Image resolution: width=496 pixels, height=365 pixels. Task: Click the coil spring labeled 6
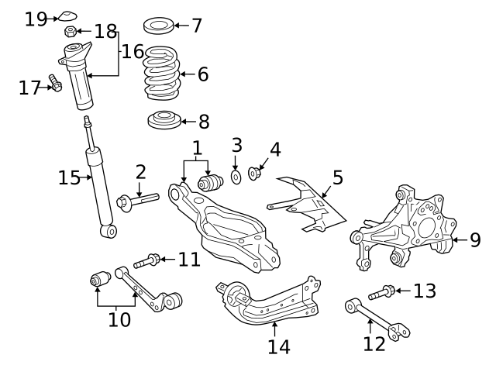[162, 74]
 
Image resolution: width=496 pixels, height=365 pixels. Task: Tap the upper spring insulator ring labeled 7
[158, 26]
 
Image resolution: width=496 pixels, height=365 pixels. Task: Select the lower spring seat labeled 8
[164, 120]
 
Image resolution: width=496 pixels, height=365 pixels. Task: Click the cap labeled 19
[68, 15]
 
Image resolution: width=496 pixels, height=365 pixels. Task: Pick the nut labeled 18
[71, 31]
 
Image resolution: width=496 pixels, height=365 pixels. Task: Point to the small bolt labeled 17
[55, 83]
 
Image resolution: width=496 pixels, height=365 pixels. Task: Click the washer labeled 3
[236, 177]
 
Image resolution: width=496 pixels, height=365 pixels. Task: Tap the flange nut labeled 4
[253, 174]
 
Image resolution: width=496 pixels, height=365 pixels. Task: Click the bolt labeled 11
[146, 261]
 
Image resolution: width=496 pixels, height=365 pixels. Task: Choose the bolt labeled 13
[381, 293]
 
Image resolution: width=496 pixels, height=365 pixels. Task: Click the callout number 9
[475, 240]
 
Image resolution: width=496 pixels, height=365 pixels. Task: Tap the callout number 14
[279, 346]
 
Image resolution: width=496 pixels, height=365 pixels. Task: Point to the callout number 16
[133, 52]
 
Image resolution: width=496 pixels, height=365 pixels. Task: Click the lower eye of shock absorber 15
[108, 231]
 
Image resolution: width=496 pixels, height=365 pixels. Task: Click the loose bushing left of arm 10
[100, 279]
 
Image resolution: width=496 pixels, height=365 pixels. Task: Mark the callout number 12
[374, 344]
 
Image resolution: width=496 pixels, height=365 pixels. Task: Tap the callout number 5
[338, 177]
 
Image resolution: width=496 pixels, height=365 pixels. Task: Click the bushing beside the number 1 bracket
[210, 183]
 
